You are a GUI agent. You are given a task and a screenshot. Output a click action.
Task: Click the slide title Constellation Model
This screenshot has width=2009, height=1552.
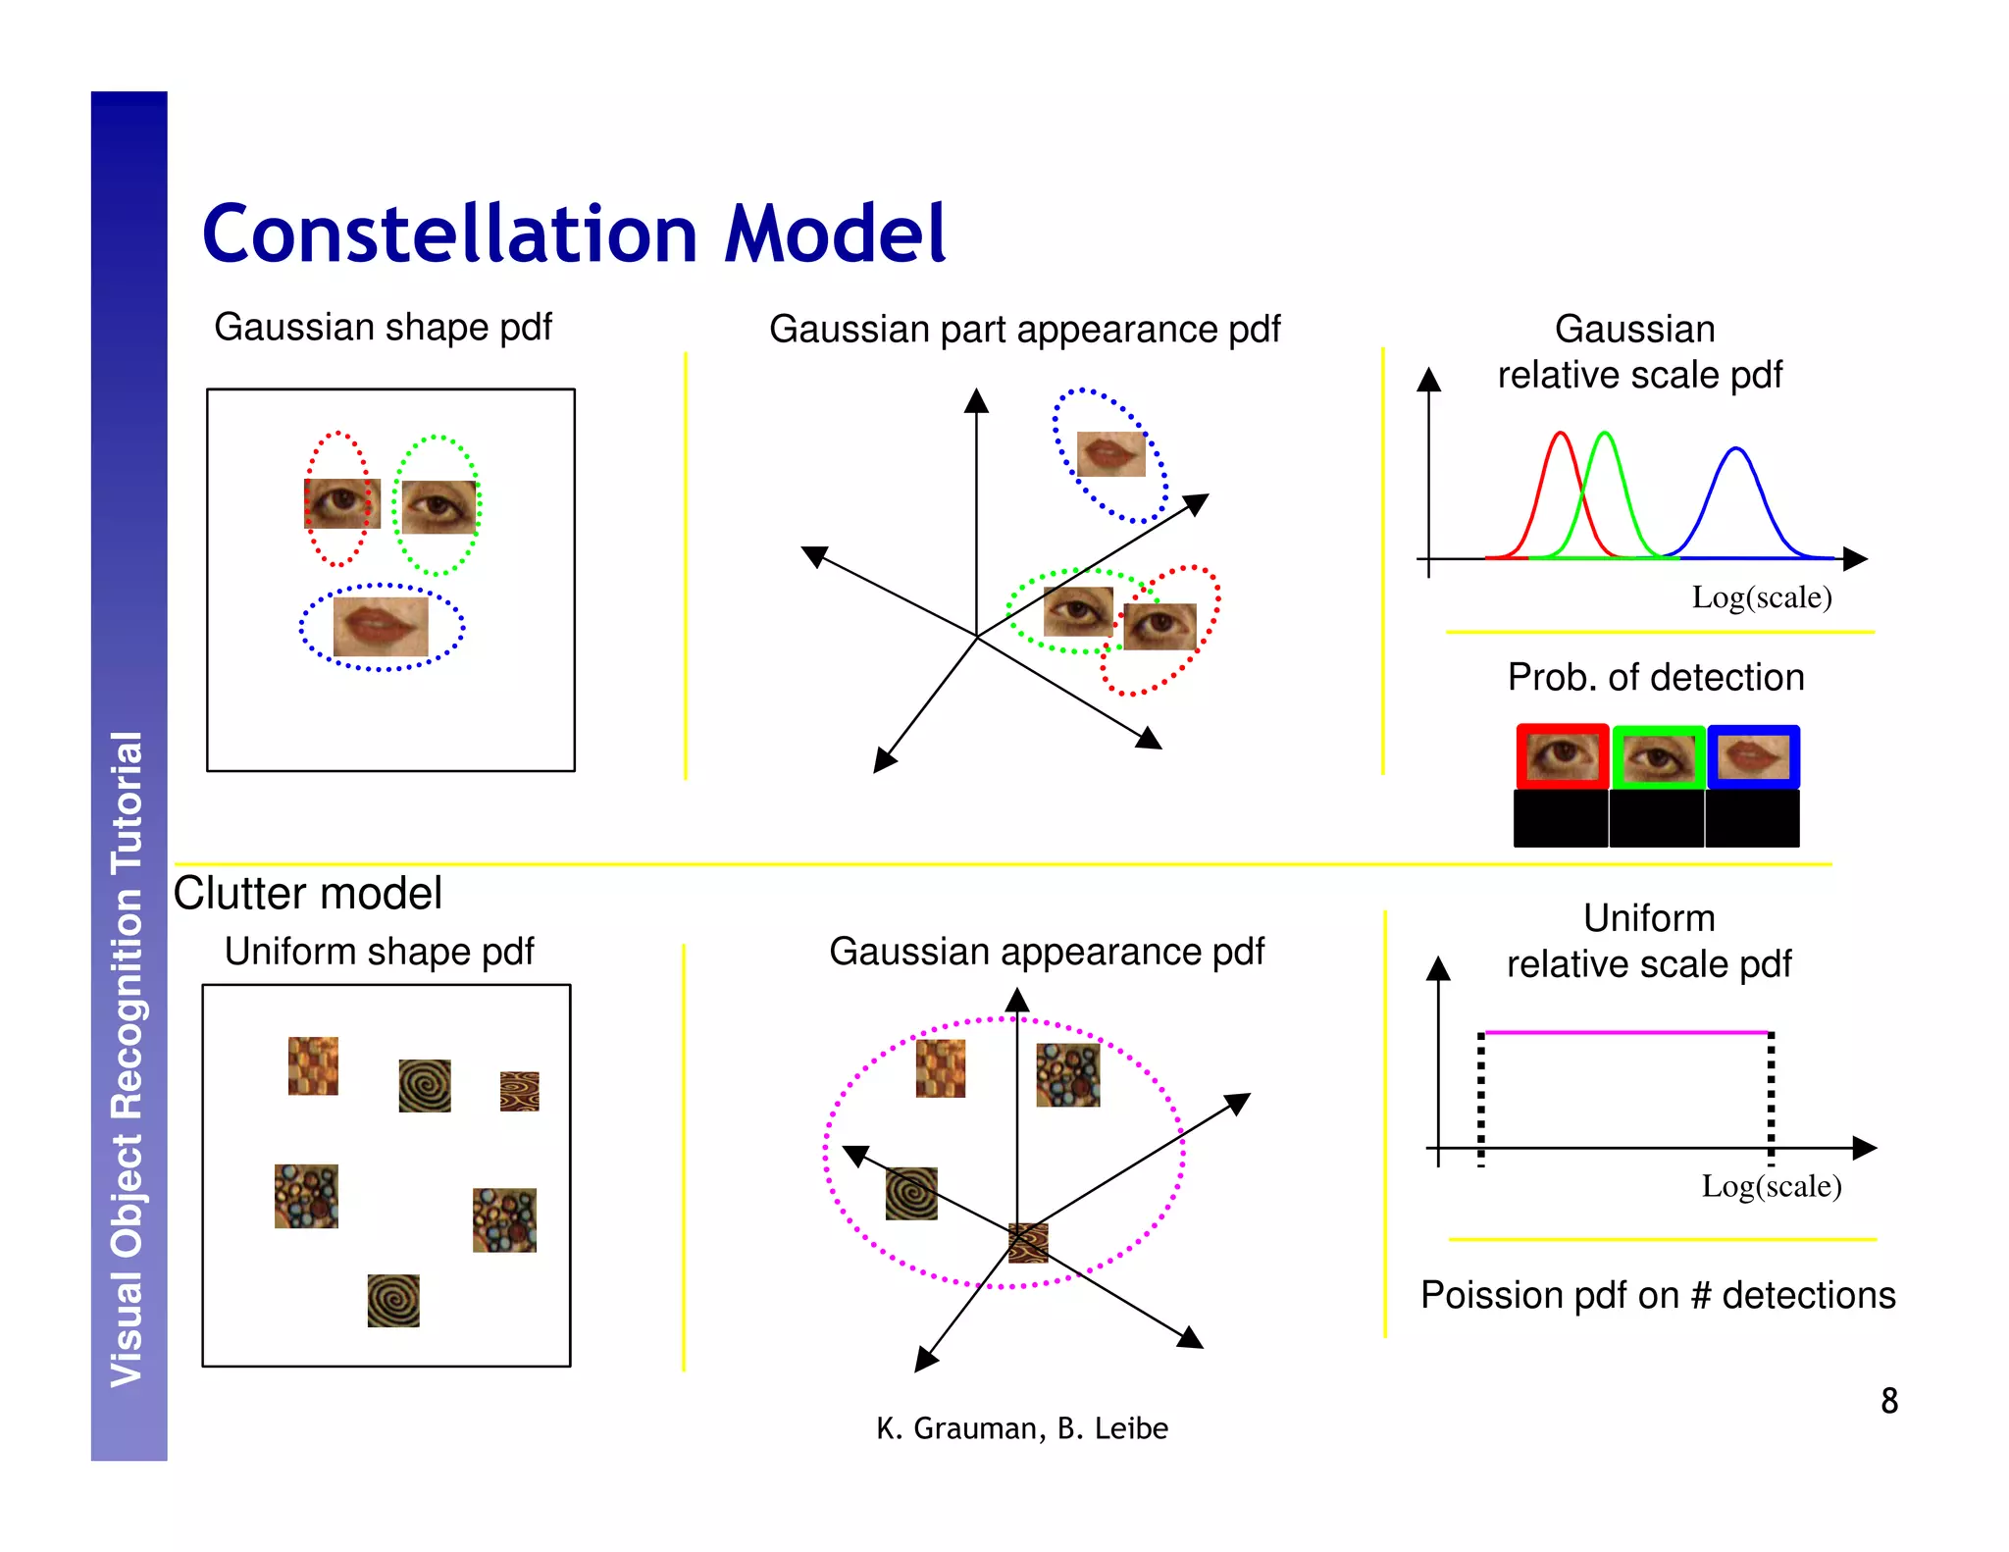(574, 233)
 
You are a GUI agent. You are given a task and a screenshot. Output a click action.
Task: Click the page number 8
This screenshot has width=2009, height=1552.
(1888, 1400)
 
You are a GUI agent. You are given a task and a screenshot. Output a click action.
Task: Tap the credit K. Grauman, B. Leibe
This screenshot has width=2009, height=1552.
(1021, 1427)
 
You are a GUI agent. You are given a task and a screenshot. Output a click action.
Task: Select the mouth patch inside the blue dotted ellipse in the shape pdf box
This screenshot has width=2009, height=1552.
(381, 626)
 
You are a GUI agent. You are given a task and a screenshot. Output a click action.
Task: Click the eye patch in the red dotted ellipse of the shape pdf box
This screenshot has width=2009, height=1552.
(341, 503)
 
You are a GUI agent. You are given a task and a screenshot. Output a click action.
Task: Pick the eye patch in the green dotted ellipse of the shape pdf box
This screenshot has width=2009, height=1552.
(438, 506)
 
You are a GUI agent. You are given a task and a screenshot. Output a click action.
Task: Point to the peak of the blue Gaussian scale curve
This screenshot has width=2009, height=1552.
(1735, 449)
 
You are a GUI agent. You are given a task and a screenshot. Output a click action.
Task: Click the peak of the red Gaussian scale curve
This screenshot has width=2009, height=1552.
(1560, 434)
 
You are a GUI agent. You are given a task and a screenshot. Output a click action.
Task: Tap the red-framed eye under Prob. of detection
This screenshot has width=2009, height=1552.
(1562, 756)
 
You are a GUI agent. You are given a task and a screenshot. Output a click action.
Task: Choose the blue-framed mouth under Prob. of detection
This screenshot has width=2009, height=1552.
(1753, 756)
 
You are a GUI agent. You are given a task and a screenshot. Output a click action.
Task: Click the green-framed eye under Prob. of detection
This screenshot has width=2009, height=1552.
(1658, 757)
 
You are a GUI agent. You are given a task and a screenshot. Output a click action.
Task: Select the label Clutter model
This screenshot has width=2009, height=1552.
(307, 893)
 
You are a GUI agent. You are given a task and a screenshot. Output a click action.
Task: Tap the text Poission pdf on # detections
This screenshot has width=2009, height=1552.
(1657, 1295)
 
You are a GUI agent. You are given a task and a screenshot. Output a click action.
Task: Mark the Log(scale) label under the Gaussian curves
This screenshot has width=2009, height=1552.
(1761, 596)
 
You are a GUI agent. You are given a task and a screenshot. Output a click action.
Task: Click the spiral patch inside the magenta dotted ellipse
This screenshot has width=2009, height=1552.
(910, 1193)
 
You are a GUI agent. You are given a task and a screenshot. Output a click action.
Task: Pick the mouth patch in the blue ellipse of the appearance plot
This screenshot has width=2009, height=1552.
(1110, 454)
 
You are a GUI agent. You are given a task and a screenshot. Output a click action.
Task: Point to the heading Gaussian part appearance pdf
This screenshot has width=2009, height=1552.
(1023, 329)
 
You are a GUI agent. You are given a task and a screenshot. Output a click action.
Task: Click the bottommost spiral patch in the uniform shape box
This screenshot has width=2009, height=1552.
(393, 1300)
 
